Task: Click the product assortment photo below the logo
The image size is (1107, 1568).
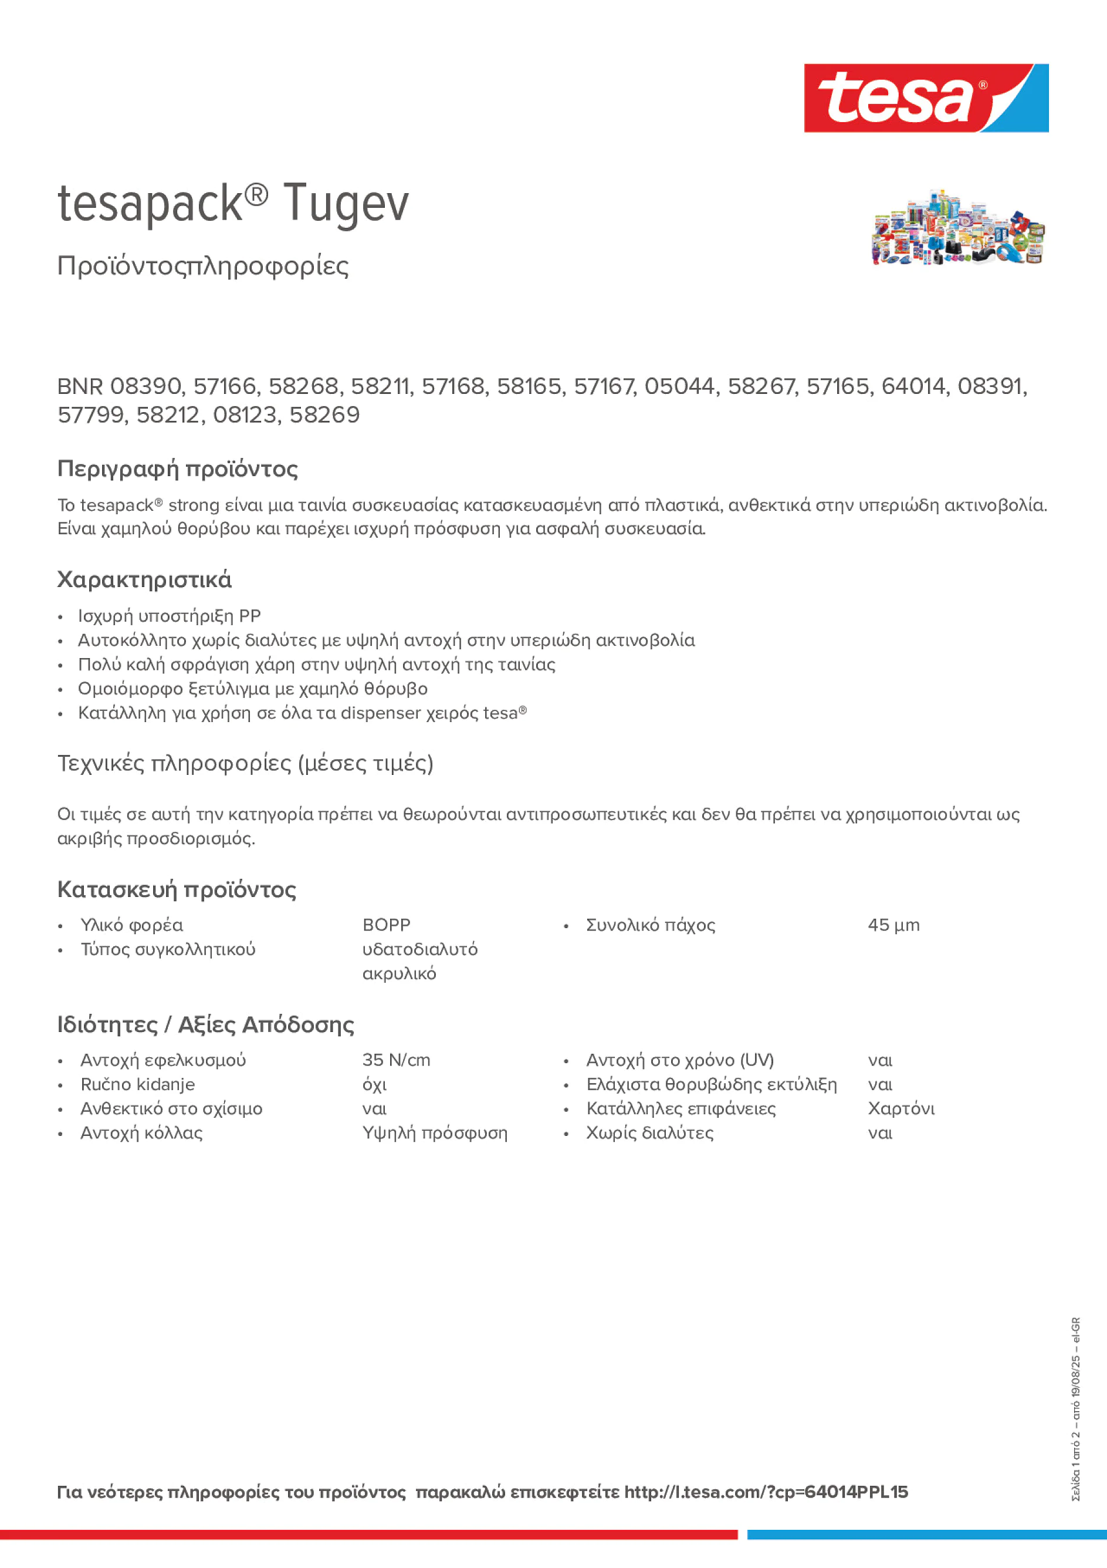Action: (x=957, y=227)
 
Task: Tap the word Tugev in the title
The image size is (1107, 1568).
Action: (x=346, y=204)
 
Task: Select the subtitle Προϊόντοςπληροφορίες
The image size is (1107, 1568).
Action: (x=203, y=266)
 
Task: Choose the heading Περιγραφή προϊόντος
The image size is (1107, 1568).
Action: (x=177, y=468)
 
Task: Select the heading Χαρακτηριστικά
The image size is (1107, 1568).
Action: (x=144, y=579)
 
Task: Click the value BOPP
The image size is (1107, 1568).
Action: (x=386, y=925)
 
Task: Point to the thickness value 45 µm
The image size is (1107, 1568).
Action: (x=893, y=925)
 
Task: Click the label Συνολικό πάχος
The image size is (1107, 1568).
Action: (x=651, y=925)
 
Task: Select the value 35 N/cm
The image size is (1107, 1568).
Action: (x=396, y=1060)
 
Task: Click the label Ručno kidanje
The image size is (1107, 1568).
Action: (x=137, y=1084)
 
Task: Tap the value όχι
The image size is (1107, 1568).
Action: (x=374, y=1084)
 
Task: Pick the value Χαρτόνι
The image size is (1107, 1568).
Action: (x=901, y=1108)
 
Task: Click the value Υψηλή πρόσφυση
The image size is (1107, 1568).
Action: (x=435, y=1133)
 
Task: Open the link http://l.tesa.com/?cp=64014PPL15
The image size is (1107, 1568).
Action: (x=766, y=1492)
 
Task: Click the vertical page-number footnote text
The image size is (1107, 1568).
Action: (x=1076, y=1408)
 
